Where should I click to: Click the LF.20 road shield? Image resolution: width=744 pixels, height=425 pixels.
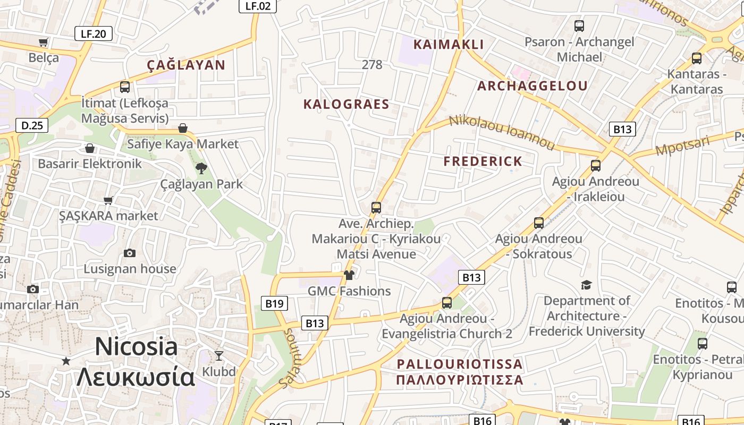[x=93, y=34]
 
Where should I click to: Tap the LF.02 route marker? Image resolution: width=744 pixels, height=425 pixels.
[x=258, y=6]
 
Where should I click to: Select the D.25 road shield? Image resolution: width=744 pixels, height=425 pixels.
[x=32, y=125]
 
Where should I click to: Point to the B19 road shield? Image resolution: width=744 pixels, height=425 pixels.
[x=274, y=303]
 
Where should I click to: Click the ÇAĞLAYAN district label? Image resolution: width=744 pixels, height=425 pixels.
[x=186, y=65]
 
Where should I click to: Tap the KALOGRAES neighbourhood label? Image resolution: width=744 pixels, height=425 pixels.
[x=346, y=104]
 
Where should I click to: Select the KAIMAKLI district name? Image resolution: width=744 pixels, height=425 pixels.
[x=449, y=45]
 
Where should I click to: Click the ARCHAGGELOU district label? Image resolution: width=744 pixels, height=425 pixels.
[x=532, y=86]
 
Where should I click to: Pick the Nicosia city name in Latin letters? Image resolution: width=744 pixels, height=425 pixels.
[x=136, y=347]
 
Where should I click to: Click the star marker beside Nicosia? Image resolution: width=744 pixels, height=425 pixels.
[x=66, y=361]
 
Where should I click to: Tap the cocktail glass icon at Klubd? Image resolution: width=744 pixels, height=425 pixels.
[x=219, y=355]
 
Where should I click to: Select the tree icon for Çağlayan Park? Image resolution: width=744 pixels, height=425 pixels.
[x=201, y=168]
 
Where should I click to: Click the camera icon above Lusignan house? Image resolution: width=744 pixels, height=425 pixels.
[x=130, y=253]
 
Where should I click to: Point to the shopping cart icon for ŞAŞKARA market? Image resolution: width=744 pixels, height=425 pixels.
[x=108, y=200]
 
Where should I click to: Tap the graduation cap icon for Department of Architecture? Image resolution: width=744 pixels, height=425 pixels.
[x=586, y=285]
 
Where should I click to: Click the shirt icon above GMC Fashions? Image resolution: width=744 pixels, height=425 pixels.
[x=349, y=275]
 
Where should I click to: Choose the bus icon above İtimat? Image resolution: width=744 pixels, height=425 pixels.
[x=125, y=87]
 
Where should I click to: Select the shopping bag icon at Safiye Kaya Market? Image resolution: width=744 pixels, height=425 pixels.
[x=183, y=128]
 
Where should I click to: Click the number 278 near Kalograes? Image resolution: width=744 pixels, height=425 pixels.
[x=371, y=65]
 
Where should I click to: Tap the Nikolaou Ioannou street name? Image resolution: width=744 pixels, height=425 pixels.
[x=502, y=131]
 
